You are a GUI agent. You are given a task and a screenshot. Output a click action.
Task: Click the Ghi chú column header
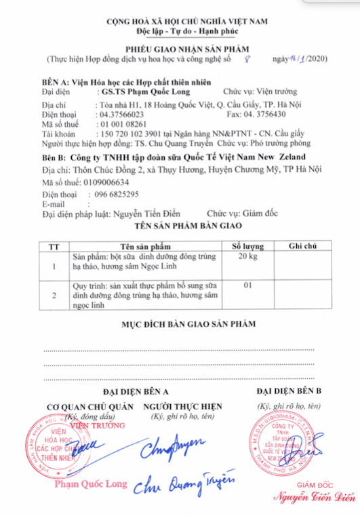(303, 246)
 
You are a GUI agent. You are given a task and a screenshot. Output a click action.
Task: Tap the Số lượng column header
(247, 246)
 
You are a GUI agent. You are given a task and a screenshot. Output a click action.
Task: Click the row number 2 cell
(54, 296)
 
